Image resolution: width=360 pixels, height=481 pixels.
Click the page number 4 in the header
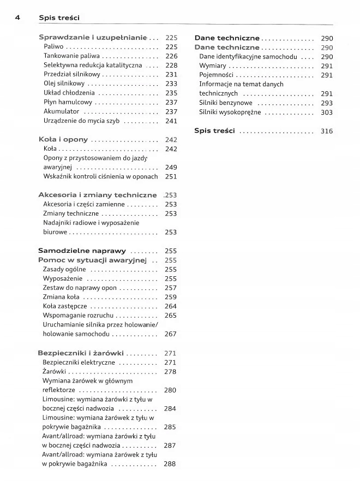(18, 17)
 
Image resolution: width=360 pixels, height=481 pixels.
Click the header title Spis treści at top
(59, 18)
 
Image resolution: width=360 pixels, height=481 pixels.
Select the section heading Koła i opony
(63, 140)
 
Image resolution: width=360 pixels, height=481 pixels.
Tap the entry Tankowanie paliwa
(71, 56)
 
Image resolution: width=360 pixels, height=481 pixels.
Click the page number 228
(171, 65)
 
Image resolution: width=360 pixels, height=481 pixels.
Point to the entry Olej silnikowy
(64, 84)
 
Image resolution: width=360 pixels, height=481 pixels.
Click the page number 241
(171, 121)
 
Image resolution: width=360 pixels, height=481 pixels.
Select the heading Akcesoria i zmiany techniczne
(97, 195)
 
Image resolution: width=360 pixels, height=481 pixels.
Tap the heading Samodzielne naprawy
(82, 251)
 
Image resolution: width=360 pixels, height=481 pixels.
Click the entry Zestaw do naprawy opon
(80, 288)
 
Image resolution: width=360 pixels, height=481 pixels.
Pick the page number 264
(171, 306)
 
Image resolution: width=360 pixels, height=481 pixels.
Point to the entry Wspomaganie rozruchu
(79, 316)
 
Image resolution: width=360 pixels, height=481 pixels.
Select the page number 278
(170, 372)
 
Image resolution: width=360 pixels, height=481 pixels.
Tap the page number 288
(170, 464)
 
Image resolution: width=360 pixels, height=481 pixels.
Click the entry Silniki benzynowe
(226, 103)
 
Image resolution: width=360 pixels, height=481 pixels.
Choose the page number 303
(327, 112)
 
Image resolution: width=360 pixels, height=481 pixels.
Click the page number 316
(327, 131)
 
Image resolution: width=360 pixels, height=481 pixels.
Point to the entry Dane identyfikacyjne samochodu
(248, 56)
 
